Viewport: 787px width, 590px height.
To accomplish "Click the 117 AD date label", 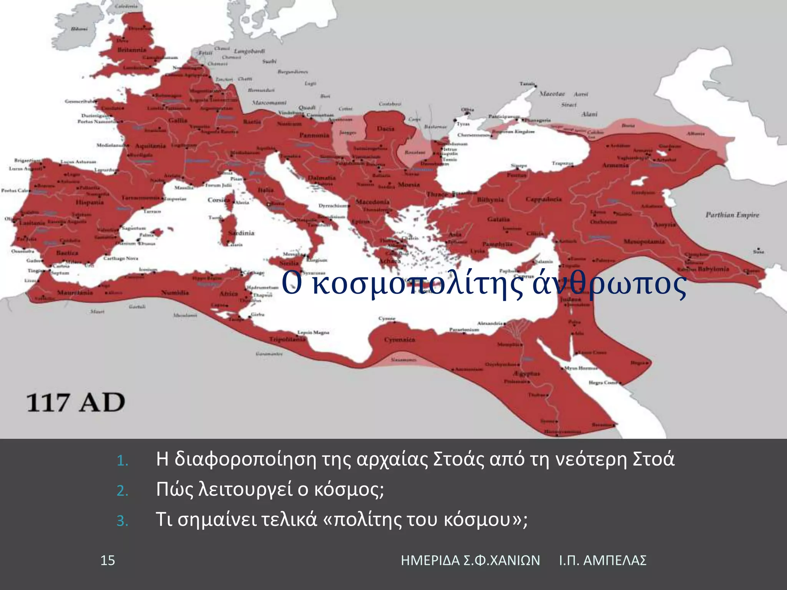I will coord(76,403).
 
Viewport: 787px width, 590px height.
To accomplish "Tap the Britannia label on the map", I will coord(132,50).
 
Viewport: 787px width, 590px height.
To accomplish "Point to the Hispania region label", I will coord(90,202).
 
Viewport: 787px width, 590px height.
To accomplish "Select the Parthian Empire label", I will coord(732,215).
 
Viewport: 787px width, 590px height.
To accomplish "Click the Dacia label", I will coord(385,128).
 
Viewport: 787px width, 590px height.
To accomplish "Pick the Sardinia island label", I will coord(241,233).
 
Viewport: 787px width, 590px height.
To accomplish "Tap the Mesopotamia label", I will coord(644,241).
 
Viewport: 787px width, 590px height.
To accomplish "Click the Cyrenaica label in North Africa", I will coord(400,340).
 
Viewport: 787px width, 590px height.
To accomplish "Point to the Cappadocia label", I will coord(543,199).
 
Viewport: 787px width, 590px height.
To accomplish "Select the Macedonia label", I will coord(372,202).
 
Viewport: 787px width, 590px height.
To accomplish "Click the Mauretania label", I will coord(75,293).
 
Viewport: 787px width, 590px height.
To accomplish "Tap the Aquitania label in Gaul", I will coord(150,146).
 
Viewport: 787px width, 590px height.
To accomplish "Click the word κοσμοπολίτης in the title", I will coord(418,285).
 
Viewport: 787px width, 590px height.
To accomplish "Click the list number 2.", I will coord(122,491).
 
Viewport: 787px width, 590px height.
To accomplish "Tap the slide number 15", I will coord(108,560).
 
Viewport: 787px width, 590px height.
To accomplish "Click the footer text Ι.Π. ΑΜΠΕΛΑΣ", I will coord(603,560).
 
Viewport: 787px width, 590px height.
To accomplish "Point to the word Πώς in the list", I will coord(174,489).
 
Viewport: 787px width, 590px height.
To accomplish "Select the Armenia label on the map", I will coord(615,165).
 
